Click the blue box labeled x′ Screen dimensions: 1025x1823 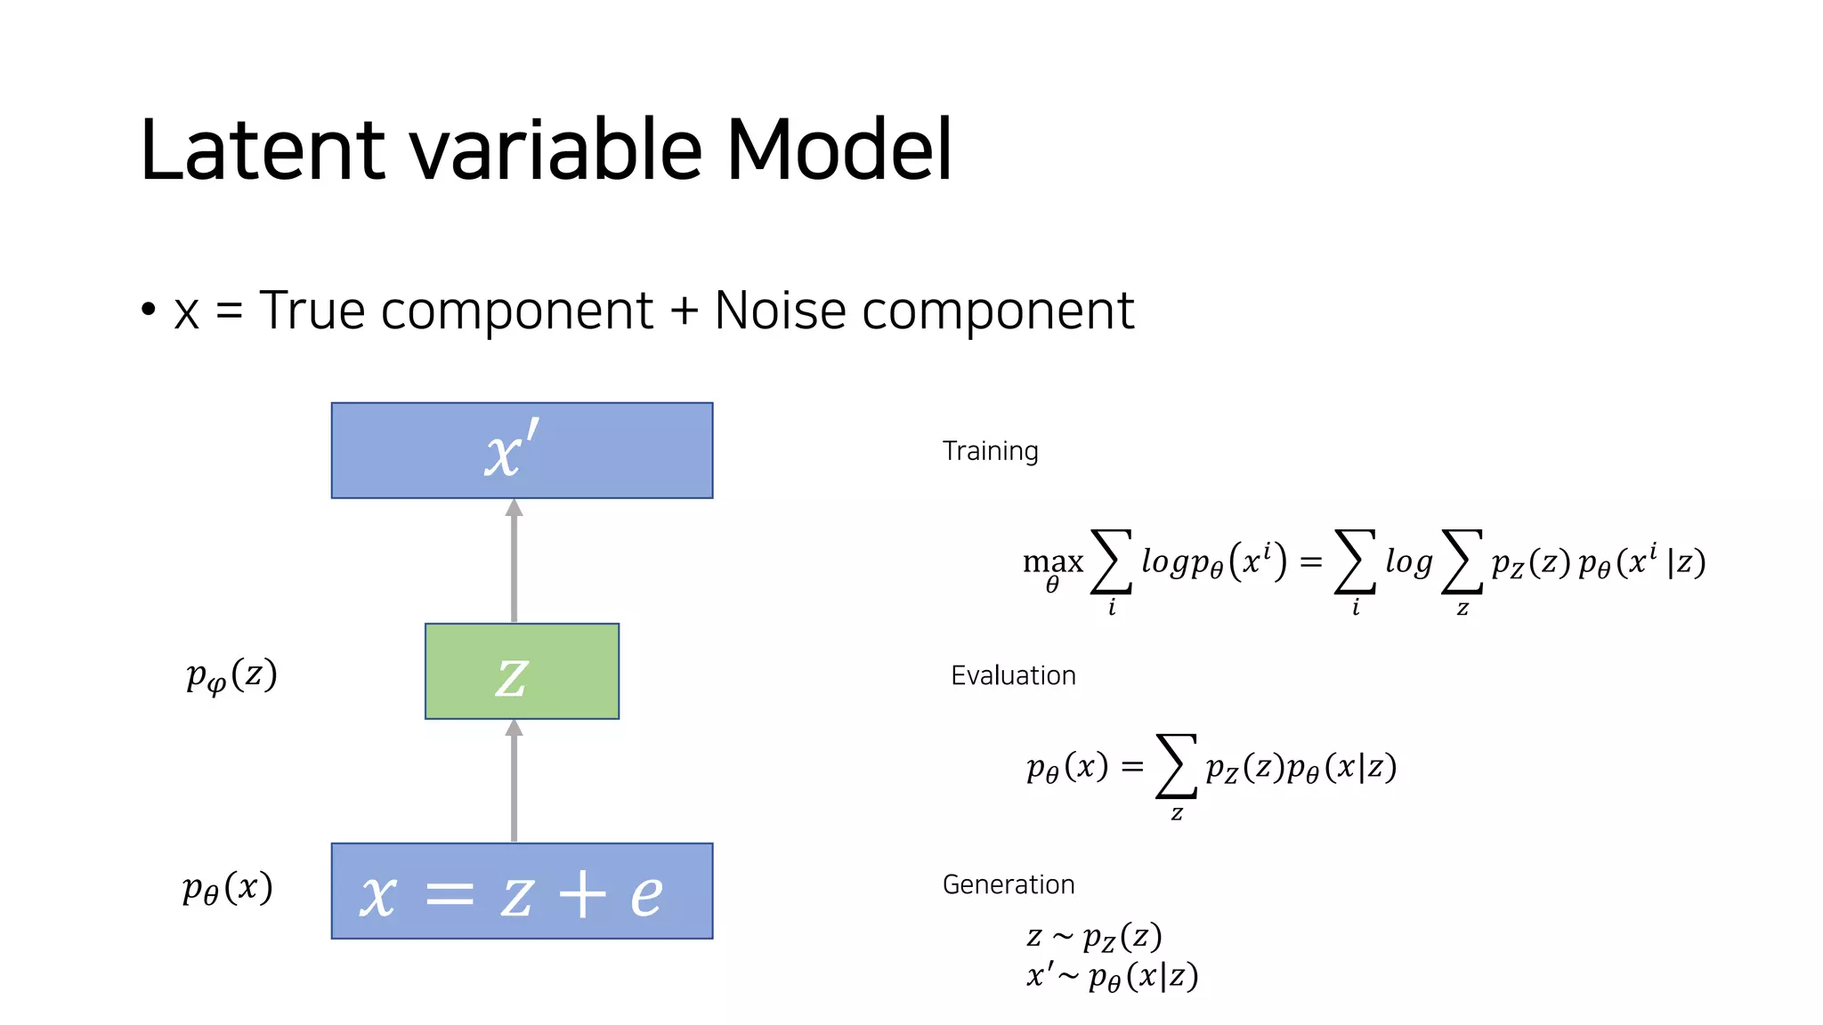[x=522, y=450]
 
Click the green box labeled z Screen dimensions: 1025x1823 [x=522, y=672]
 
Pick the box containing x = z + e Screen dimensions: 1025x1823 [x=522, y=891]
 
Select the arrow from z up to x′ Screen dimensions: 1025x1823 [x=514, y=561]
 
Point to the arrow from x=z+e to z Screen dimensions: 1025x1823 [x=514, y=780]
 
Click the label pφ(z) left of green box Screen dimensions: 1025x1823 [x=231, y=675]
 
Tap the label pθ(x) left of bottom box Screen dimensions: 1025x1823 [x=227, y=888]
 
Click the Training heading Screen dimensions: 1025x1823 [x=990, y=451]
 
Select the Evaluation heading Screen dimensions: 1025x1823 [x=1013, y=675]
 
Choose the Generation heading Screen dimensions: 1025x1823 [x=1009, y=884]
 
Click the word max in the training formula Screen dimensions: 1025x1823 [x=1053, y=562]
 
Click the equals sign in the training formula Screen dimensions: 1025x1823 [x=1310, y=562]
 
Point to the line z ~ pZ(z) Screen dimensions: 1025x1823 [x=1094, y=936]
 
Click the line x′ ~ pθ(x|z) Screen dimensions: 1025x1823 [x=1112, y=976]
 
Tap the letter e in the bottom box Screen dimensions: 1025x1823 [x=647, y=894]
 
